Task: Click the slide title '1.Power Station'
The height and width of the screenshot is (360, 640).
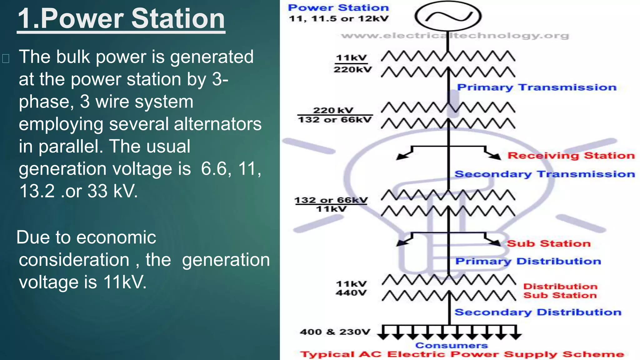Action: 121,19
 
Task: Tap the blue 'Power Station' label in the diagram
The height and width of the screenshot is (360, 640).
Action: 338,7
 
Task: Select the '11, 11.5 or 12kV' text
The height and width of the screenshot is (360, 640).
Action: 338,19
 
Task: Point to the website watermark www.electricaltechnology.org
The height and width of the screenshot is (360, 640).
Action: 455,36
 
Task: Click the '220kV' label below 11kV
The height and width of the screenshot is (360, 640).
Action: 352,69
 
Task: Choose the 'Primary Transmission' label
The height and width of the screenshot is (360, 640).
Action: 537,87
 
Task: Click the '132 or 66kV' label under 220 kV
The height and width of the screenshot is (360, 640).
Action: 335,120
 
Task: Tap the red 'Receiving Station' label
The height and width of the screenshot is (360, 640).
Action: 571,156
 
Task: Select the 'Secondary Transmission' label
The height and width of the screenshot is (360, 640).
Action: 544,174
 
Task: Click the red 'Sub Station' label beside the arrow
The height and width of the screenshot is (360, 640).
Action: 548,243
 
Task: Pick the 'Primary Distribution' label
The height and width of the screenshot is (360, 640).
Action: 528,261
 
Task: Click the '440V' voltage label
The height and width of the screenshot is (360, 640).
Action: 351,293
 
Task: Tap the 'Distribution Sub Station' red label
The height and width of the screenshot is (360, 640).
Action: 560,291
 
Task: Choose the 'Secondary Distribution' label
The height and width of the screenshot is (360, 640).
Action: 537,312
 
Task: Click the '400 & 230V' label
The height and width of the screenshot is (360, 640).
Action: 335,332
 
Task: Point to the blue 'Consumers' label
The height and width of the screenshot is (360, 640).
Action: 451,346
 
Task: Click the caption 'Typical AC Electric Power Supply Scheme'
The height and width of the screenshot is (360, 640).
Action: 462,354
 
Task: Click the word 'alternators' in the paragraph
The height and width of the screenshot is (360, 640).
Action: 217,124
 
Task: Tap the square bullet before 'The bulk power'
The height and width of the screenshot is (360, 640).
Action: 6,58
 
